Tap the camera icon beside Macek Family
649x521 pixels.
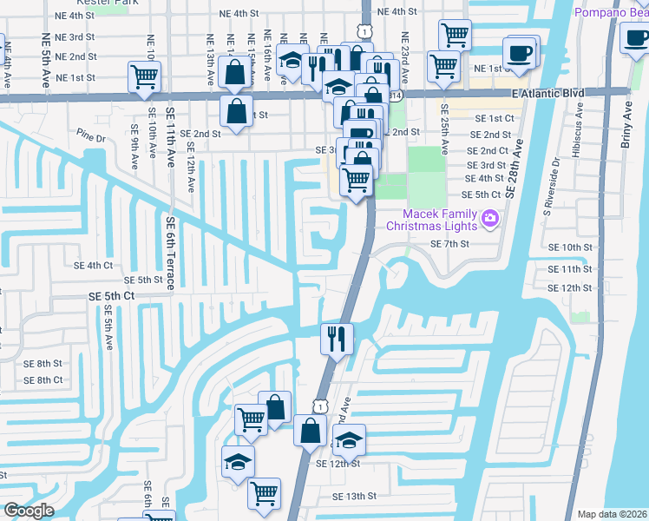pos(490,217)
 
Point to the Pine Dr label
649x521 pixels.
pos(90,137)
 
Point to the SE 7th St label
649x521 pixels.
pos(449,245)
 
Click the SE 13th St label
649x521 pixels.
pos(354,496)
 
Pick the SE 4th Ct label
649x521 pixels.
pos(94,266)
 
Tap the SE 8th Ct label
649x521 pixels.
pos(43,380)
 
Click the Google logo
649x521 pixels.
pos(28,511)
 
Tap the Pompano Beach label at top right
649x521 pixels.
pos(611,12)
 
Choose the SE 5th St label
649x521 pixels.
pos(144,280)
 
